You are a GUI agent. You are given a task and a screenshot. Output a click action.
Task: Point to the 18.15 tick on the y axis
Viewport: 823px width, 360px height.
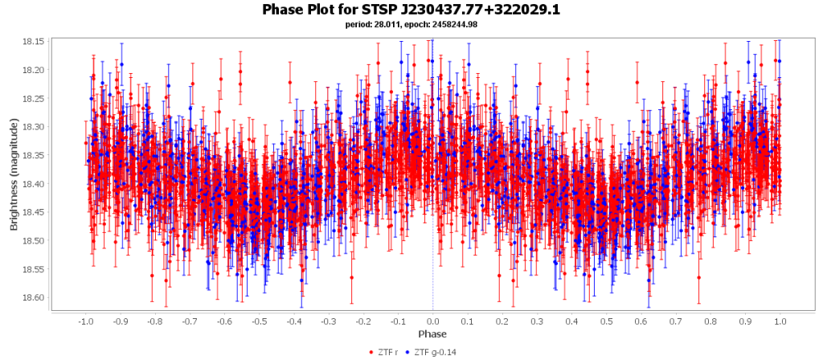[x=55, y=41]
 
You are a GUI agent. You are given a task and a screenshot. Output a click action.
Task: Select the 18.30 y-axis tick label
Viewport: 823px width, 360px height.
[x=55, y=127]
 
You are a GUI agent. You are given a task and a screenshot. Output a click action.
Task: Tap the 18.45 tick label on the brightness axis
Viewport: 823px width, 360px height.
[x=55, y=212]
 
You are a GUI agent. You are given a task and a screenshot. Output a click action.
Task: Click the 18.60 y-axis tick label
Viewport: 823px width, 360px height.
[x=55, y=298]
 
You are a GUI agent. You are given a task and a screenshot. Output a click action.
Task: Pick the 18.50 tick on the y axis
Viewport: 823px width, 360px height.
[x=55, y=241]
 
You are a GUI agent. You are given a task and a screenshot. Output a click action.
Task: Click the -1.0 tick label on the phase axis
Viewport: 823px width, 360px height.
[x=84, y=321]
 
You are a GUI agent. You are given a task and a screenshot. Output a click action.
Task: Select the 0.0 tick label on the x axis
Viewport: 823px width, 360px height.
[x=432, y=321]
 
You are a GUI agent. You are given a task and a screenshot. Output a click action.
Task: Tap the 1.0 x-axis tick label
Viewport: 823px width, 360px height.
[x=780, y=321]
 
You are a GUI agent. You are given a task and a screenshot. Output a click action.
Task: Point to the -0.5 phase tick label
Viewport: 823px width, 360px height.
[x=258, y=321]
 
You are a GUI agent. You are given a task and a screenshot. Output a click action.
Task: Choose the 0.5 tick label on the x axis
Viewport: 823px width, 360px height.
[x=606, y=321]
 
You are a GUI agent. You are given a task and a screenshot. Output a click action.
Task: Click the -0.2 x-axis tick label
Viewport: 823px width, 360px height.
[x=362, y=321]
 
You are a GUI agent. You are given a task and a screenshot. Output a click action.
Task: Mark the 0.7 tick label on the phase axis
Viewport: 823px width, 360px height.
[x=675, y=321]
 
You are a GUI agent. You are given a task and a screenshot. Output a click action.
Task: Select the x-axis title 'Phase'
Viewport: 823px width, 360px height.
[x=432, y=334]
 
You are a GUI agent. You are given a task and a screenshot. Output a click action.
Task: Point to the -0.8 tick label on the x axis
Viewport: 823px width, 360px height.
[x=154, y=321]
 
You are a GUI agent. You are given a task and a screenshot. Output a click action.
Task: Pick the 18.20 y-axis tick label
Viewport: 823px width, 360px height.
[x=55, y=70]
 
